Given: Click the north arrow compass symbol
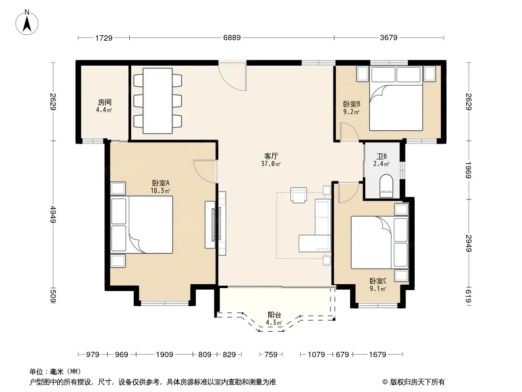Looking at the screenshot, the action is pyautogui.click(x=27, y=23).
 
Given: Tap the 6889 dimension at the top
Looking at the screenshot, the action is pyautogui.click(x=232, y=38).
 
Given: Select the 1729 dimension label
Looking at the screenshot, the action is pyautogui.click(x=104, y=38).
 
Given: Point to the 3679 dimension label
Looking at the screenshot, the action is pyautogui.click(x=388, y=38).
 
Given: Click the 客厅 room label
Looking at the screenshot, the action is pyautogui.click(x=271, y=156).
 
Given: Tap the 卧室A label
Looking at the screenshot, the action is pyautogui.click(x=161, y=183).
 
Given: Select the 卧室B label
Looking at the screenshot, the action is pyautogui.click(x=352, y=104).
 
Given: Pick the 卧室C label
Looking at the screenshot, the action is pyautogui.click(x=378, y=281).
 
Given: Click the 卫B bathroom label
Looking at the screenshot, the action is pyautogui.click(x=381, y=156).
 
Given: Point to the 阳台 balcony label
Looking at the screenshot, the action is pyautogui.click(x=274, y=315).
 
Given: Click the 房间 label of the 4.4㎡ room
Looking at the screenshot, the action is pyautogui.click(x=104, y=102).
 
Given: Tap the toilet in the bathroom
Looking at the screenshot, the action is pyautogui.click(x=386, y=186).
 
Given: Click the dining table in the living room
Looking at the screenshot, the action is pyautogui.click(x=158, y=101).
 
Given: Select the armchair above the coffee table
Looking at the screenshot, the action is pyautogui.click(x=299, y=195).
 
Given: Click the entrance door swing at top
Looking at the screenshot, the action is pyautogui.click(x=233, y=76).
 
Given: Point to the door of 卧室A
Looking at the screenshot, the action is pyautogui.click(x=205, y=171).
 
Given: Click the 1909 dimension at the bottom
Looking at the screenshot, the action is pyautogui.click(x=165, y=354).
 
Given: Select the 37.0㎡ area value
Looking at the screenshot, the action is pyautogui.click(x=271, y=164).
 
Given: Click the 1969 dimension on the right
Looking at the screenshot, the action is pyautogui.click(x=469, y=170).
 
